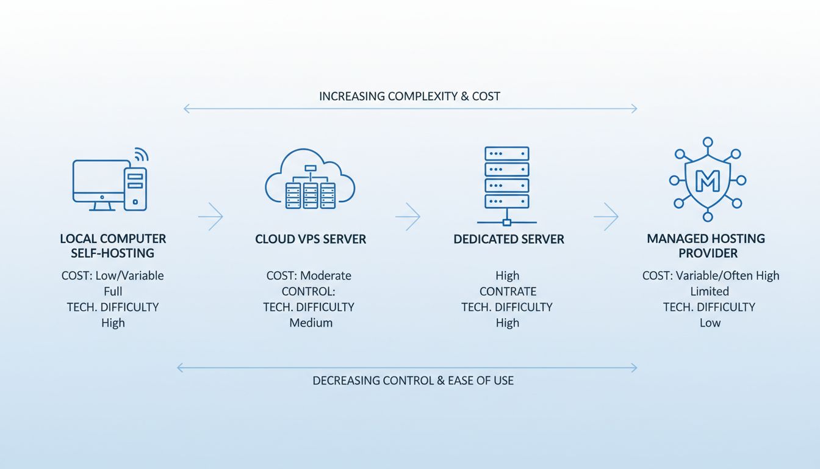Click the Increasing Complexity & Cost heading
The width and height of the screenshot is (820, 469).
(x=409, y=96)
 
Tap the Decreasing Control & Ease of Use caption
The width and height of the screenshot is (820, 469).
(x=413, y=380)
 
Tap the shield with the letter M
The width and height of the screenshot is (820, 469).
(x=708, y=180)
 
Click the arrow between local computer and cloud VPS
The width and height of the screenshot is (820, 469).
(x=211, y=216)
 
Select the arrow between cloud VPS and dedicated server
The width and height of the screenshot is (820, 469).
(x=408, y=216)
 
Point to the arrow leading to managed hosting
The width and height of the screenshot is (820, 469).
(x=606, y=216)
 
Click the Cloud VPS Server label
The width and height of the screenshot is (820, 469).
(x=311, y=239)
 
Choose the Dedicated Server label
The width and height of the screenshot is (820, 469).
(x=509, y=239)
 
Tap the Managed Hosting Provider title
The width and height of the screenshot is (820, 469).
(x=705, y=245)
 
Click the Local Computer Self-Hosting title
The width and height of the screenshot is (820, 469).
(x=113, y=245)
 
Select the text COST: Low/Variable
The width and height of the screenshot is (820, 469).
(x=113, y=275)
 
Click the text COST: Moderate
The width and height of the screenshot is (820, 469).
(x=309, y=275)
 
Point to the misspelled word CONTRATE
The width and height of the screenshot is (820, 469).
(x=508, y=291)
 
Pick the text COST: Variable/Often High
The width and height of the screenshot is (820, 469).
(x=711, y=275)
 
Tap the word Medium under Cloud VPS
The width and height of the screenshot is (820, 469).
(x=311, y=323)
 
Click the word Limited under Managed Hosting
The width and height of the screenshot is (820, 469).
(x=710, y=291)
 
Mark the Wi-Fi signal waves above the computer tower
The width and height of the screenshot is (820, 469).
(x=141, y=154)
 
